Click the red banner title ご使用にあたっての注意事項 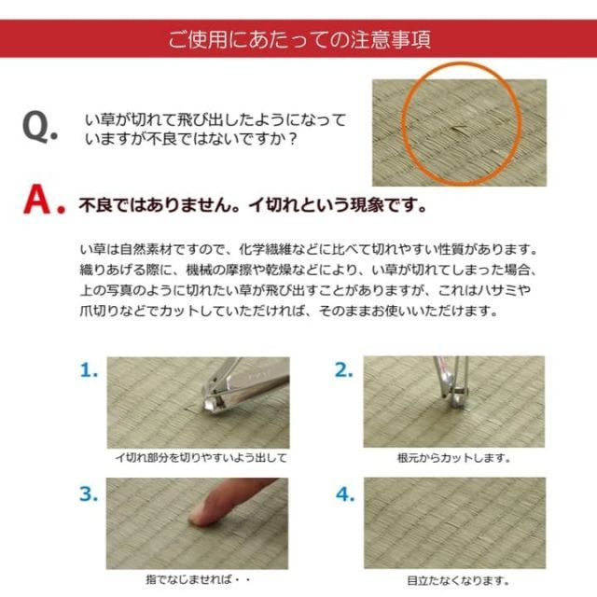pyautogui.click(x=298, y=40)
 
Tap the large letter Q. pyautogui.click(x=40, y=127)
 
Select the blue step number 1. pyautogui.click(x=89, y=370)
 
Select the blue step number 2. pyautogui.click(x=344, y=370)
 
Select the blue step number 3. pyautogui.click(x=89, y=493)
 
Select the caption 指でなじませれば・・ pyautogui.click(x=197, y=580)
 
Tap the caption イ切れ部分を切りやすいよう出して pyautogui.click(x=200, y=458)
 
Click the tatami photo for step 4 pyautogui.click(x=453, y=522)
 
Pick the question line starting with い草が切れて pyautogui.click(x=215, y=120)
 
